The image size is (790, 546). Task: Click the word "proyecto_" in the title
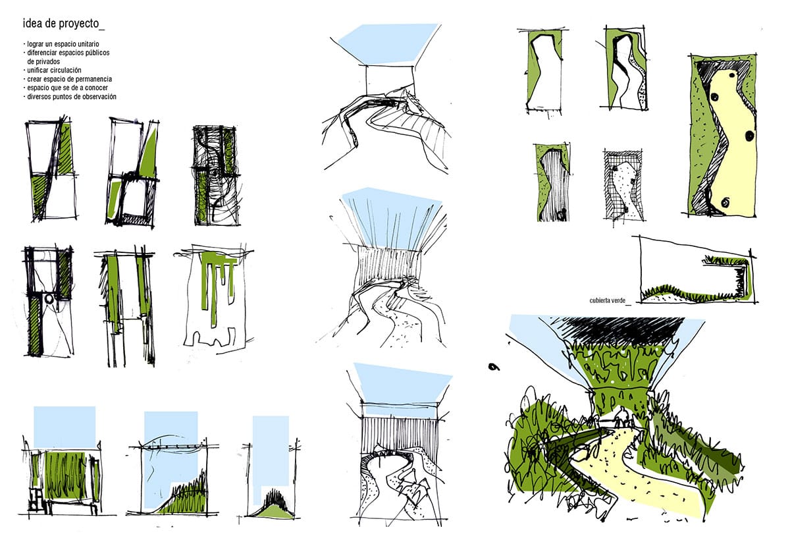coord(82,24)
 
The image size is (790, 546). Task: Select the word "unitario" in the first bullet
coord(88,44)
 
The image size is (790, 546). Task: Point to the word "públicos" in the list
coord(97,53)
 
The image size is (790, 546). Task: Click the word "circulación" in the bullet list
coord(65,70)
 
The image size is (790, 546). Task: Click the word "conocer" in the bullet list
coord(96,88)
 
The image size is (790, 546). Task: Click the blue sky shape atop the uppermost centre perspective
coord(388,43)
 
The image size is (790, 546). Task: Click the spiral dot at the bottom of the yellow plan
coord(725,203)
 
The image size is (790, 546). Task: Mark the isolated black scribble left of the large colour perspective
coord(494,367)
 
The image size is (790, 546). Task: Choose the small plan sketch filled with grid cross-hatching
coord(623,185)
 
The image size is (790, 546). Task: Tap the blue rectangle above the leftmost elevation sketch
coord(65,427)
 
